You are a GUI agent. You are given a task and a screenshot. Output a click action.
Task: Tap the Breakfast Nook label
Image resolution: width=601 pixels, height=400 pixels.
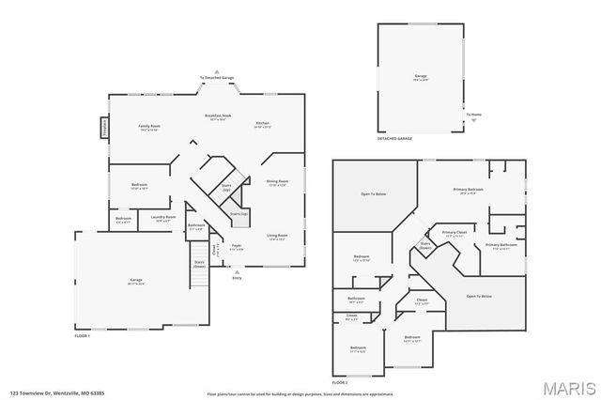point(219,116)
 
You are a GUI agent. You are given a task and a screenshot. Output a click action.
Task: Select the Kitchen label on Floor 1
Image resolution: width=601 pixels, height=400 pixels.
point(263,124)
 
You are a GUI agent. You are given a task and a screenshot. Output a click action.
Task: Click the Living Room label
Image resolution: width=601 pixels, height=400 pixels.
point(276,237)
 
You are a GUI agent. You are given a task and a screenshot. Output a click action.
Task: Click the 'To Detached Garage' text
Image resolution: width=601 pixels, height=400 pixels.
point(218,77)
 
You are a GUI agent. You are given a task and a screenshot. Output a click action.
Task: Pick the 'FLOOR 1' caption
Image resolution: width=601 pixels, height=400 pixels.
point(84,335)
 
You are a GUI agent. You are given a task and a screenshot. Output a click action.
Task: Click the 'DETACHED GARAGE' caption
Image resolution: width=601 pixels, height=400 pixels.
point(394,138)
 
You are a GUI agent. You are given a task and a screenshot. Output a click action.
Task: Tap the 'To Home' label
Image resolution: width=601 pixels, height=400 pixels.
point(474,115)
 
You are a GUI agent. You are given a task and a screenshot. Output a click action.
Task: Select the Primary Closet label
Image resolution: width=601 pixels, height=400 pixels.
point(455,233)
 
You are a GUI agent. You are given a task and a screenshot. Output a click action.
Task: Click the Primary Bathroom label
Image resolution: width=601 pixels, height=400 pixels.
point(502,247)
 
